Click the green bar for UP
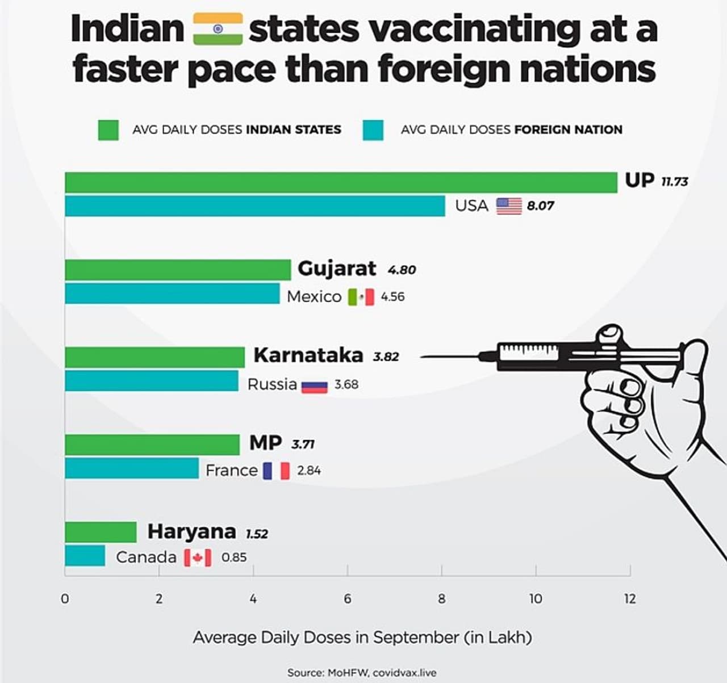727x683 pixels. (341, 183)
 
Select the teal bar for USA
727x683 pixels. (255, 206)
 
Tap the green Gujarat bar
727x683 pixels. (178, 270)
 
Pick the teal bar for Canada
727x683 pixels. (85, 556)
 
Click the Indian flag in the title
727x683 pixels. (218, 29)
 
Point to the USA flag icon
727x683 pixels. (508, 206)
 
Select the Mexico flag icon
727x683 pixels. (361, 297)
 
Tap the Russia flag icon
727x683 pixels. (314, 386)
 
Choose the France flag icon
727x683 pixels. (276, 471)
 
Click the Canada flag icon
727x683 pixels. (197, 558)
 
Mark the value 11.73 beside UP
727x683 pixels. (674, 182)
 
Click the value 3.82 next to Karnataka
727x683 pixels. (386, 357)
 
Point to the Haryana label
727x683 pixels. (191, 531)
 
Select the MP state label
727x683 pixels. (265, 442)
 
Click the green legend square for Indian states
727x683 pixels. (108, 129)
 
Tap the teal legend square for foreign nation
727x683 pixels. (373, 129)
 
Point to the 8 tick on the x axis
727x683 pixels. (441, 598)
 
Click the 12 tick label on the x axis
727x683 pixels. (629, 598)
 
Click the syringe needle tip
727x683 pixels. (421, 357)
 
